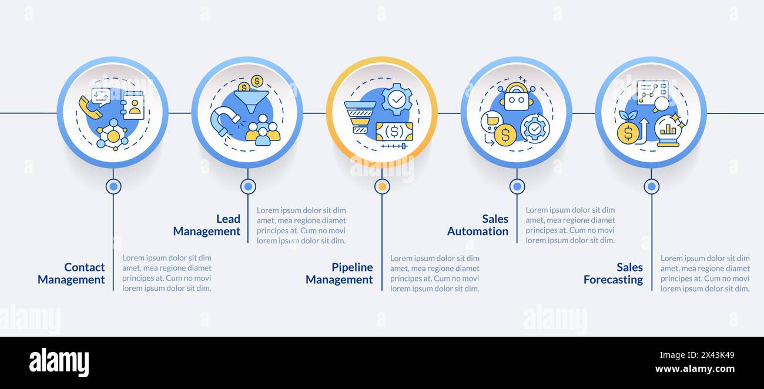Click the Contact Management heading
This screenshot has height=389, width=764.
pyautogui.click(x=71, y=273)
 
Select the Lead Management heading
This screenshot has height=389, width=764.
pyautogui.click(x=207, y=225)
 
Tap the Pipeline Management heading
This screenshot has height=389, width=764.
pyautogui.click(x=339, y=273)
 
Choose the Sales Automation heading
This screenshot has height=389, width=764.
pyautogui.click(x=478, y=225)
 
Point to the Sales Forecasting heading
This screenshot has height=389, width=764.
pyautogui.click(x=613, y=273)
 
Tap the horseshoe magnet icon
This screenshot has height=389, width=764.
pyautogui.click(x=223, y=121)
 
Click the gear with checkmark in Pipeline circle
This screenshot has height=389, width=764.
pyautogui.click(x=397, y=99)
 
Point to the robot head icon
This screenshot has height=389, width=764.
pyautogui.click(x=517, y=99)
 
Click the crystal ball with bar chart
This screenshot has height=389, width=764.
pyautogui.click(x=668, y=130)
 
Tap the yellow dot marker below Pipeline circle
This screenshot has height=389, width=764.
pyautogui.click(x=382, y=186)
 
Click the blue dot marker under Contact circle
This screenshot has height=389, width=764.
pyautogui.click(x=113, y=186)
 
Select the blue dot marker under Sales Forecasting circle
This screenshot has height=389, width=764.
pyautogui.click(x=651, y=186)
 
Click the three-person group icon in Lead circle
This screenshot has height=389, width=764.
pyautogui.click(x=263, y=130)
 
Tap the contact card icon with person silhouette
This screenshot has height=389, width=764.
pyautogui.click(x=133, y=106)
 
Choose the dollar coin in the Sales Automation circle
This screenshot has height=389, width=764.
pyautogui.click(x=505, y=135)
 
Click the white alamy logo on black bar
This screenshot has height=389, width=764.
pyautogui.click(x=59, y=363)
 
